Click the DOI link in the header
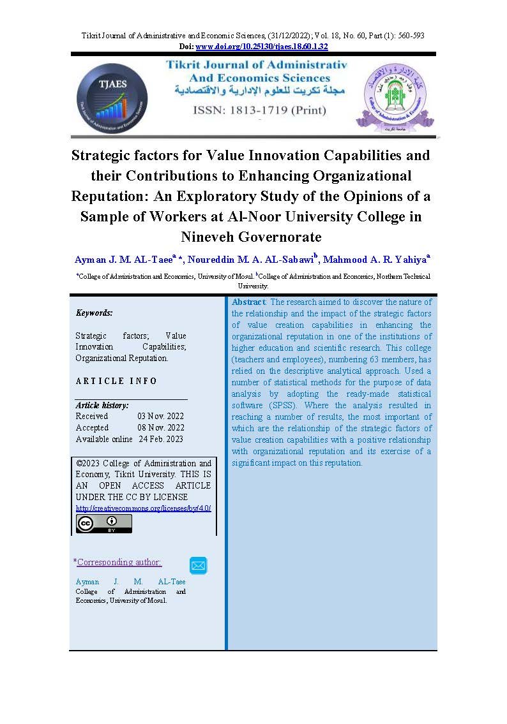click(x=262, y=47)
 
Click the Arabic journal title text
click(x=260, y=91)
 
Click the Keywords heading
click(x=94, y=313)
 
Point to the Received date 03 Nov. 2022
click(x=160, y=416)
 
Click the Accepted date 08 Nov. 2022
click(x=160, y=427)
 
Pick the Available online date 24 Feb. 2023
click(x=161, y=439)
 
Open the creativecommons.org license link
click(x=144, y=508)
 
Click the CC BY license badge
click(x=104, y=523)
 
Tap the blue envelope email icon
click(x=199, y=565)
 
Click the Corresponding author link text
click(x=119, y=562)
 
